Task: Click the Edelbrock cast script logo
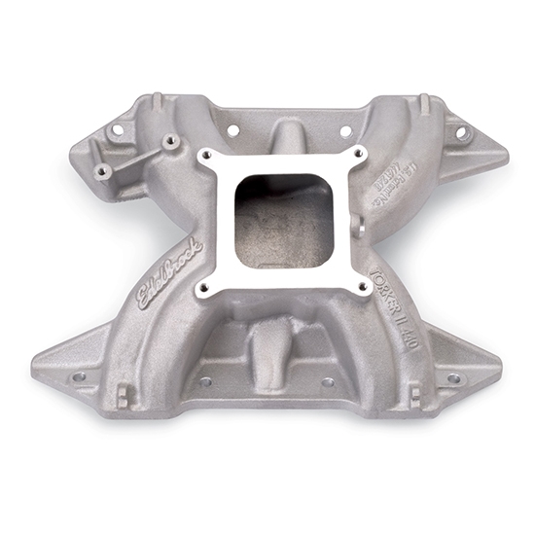171,274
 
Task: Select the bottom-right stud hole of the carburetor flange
362,286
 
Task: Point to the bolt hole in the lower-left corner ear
80,375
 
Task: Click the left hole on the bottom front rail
205,381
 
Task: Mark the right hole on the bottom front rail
328,382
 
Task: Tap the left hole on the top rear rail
233,128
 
